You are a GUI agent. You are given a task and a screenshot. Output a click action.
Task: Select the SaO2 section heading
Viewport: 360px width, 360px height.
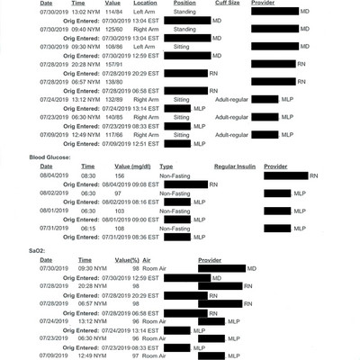(15, 249)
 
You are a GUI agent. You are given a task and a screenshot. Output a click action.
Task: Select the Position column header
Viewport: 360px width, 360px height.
(181, 4)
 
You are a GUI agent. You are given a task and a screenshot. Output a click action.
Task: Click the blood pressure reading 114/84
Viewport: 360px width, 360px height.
(114, 12)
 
